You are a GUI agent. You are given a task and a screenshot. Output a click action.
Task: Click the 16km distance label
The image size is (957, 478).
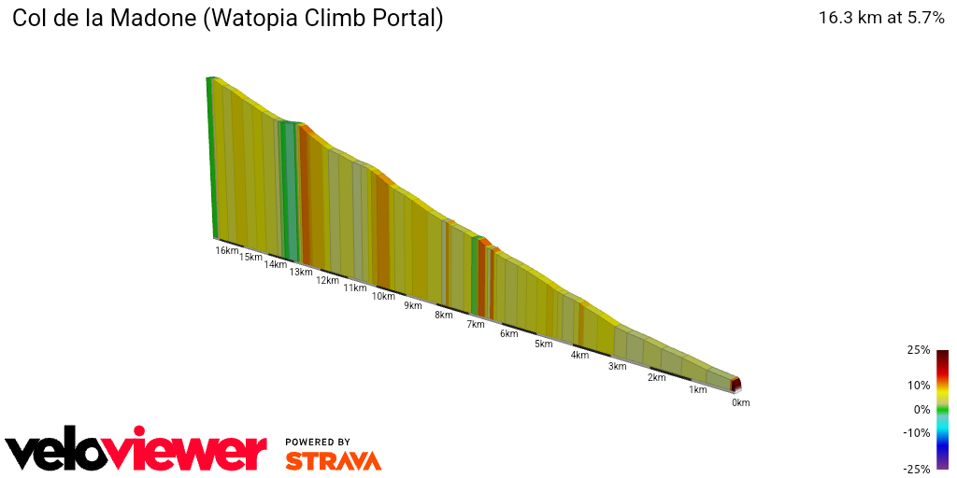[227, 250]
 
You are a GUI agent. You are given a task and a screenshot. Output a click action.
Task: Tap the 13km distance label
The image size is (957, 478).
[301, 272]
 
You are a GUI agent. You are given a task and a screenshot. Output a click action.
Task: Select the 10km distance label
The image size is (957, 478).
[383, 297]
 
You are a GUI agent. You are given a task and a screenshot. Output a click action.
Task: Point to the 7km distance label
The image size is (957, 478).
[476, 324]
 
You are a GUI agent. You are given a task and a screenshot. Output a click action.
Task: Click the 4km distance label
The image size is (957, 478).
[580, 355]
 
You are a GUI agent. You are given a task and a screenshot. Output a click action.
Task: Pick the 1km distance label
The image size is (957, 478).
[697, 389]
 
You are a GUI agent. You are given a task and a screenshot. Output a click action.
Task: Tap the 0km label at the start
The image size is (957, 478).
[741, 402]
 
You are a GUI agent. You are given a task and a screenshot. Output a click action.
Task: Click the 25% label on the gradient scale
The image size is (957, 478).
[919, 350]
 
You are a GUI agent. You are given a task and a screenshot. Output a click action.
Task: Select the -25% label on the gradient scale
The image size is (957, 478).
[917, 469]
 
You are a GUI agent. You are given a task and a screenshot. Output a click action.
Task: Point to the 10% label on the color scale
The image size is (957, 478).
[919, 385]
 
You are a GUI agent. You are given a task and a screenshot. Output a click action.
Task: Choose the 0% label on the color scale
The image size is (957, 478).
[921, 409]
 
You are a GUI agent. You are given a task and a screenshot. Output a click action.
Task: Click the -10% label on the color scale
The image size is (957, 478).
[917, 432]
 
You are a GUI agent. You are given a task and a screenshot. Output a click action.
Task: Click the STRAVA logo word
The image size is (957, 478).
[333, 460]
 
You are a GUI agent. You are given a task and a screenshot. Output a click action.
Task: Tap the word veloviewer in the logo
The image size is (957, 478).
[136, 452]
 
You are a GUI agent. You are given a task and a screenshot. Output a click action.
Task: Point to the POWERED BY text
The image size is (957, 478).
[318, 442]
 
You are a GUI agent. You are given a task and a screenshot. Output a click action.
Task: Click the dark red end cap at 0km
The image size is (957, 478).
[736, 384]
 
